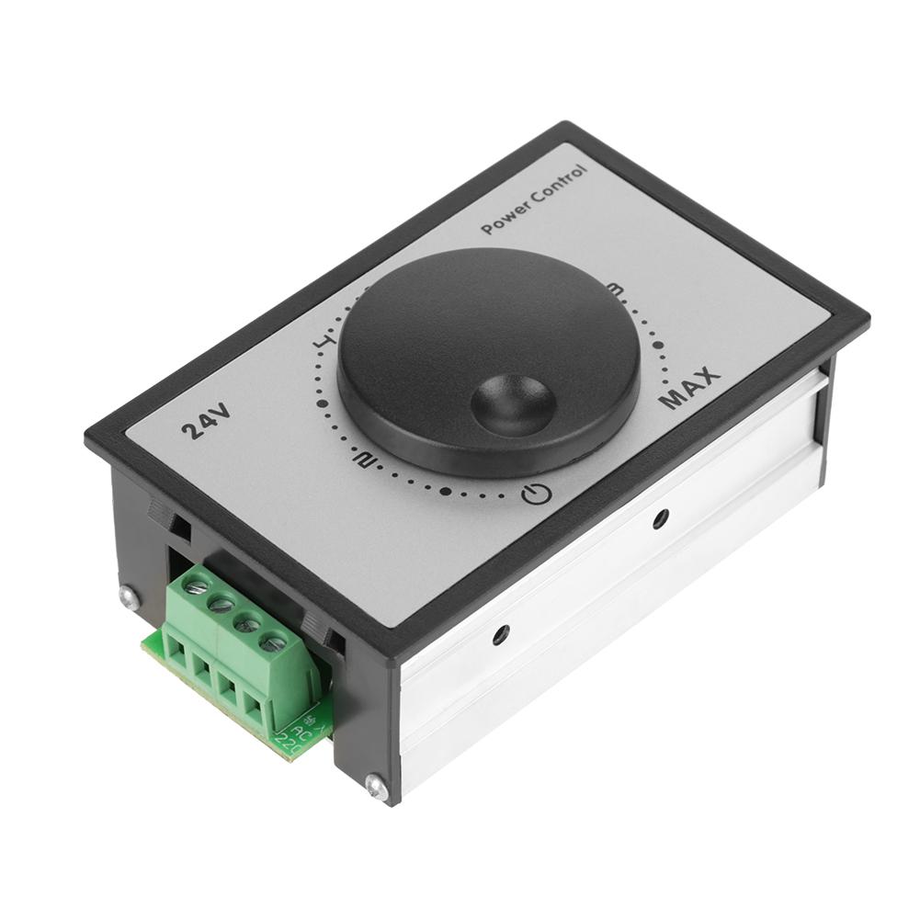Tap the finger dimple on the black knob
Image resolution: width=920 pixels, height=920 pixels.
(513, 404)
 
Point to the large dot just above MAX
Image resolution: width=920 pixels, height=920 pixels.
(659, 346)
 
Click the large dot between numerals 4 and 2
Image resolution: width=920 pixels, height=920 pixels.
(321, 403)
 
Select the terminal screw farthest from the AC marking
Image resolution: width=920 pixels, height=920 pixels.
(195, 585)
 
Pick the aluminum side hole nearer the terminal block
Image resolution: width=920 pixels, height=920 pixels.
(501, 634)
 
